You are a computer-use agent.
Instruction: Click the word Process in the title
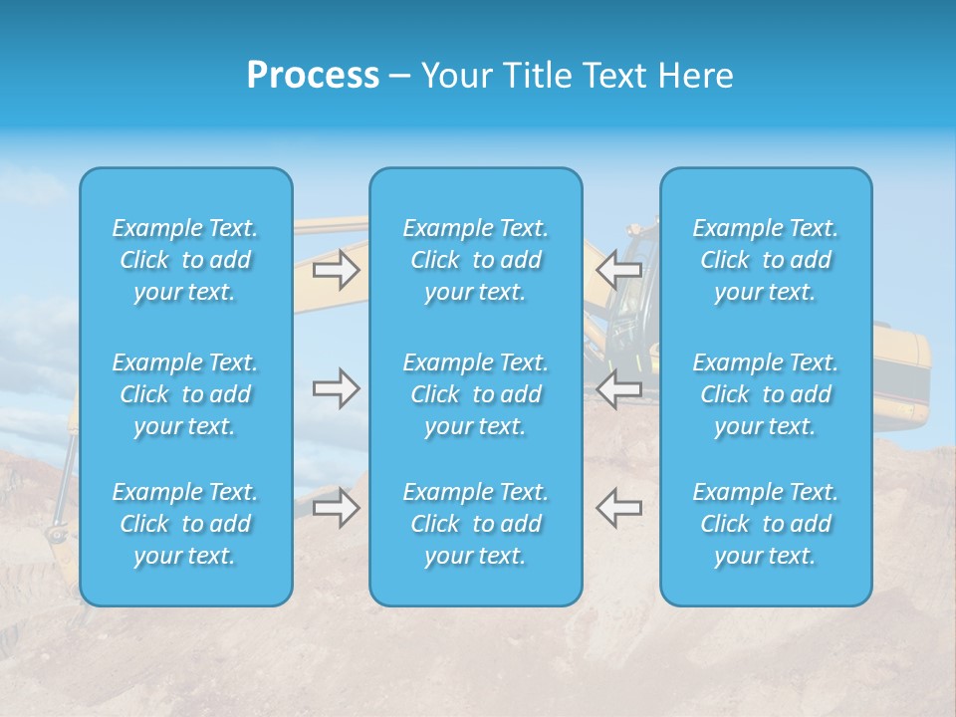pos(313,76)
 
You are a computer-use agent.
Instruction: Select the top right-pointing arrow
pos(337,269)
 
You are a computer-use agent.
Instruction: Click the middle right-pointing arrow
pos(337,388)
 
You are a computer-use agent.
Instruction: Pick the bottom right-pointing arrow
pos(337,508)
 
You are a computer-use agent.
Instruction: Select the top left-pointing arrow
pos(618,269)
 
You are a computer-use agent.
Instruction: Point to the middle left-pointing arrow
pos(618,388)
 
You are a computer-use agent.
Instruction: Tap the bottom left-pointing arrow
pos(618,508)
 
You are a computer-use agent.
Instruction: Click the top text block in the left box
pos(185,260)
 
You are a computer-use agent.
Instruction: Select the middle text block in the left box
pos(185,394)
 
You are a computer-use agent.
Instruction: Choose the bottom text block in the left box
pos(185,524)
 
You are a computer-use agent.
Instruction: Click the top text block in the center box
pos(476,260)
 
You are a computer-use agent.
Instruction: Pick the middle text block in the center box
pos(476,394)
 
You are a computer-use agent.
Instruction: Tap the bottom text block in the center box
pos(476,524)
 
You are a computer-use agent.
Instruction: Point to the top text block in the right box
pos(766,260)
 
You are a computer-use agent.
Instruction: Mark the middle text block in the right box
pos(766,394)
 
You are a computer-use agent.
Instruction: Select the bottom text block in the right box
pos(766,524)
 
